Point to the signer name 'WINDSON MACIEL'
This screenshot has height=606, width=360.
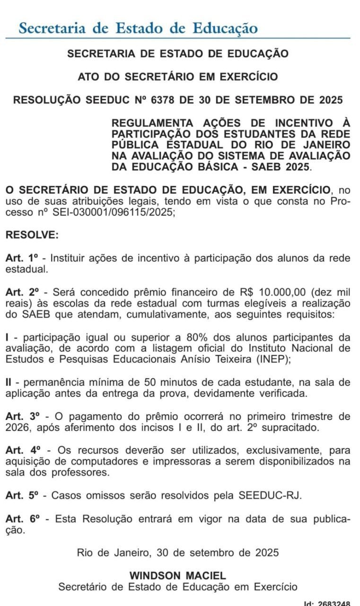[178, 576]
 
